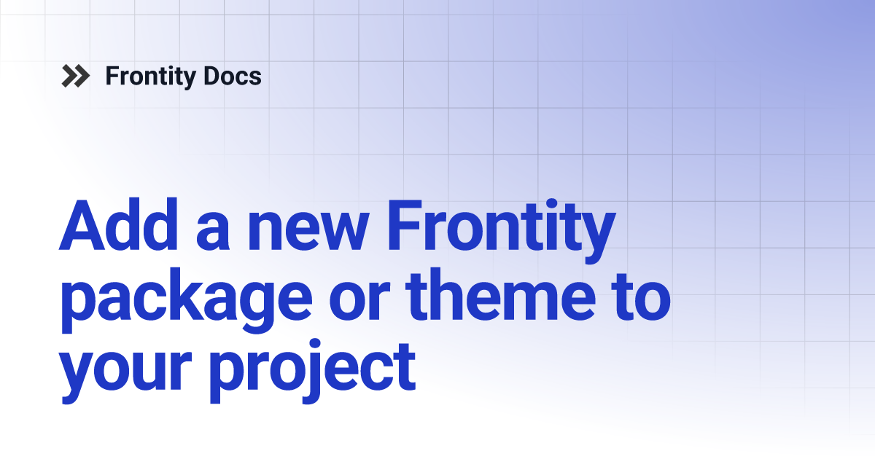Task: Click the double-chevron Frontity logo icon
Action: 76,76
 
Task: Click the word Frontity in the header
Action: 149,76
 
